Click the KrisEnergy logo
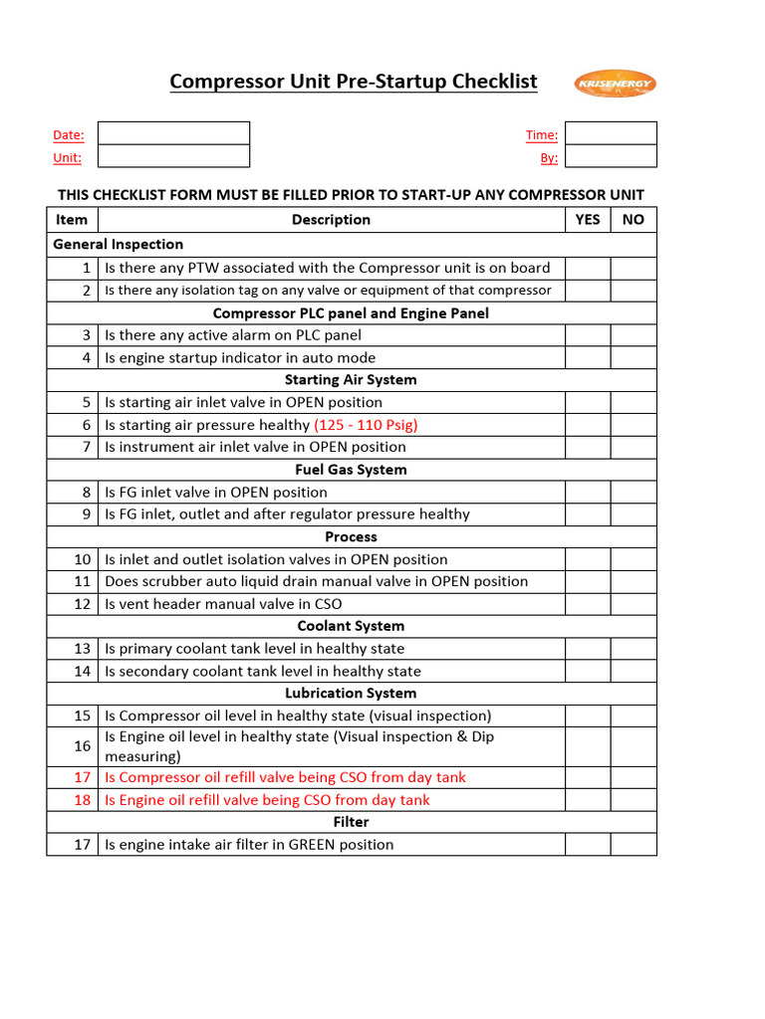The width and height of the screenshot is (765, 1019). (615, 84)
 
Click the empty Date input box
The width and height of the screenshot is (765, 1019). (173, 133)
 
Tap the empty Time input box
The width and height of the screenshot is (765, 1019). (611, 133)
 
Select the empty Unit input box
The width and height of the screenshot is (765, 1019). (173, 156)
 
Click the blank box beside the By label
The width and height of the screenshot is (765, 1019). (611, 156)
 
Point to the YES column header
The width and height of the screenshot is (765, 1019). (588, 220)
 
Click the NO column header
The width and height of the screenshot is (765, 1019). (634, 220)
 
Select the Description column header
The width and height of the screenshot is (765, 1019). (331, 220)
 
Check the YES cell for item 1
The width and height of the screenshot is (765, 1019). (588, 268)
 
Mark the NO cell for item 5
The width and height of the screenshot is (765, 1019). (634, 402)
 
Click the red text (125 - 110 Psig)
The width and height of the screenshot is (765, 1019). (366, 425)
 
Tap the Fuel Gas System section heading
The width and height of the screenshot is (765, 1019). (351, 470)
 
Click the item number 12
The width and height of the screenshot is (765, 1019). (83, 604)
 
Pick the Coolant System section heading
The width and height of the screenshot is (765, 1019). (351, 626)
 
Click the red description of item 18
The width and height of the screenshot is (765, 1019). (267, 800)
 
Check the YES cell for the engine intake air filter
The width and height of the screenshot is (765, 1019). (588, 845)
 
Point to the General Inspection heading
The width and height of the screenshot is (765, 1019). (119, 244)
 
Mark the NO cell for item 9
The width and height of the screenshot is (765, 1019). (634, 514)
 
